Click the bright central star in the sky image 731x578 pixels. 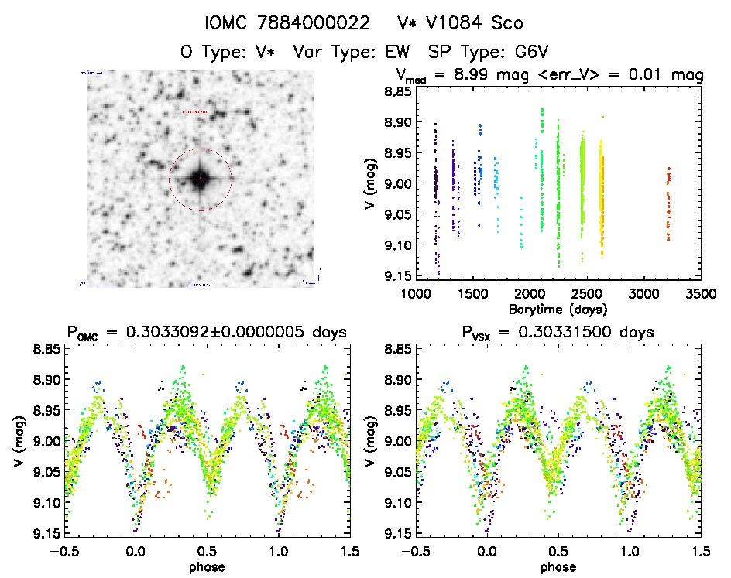201,180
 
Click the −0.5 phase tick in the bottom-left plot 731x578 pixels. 66,552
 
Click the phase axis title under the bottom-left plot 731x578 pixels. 207,566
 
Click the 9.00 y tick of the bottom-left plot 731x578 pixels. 41,441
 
